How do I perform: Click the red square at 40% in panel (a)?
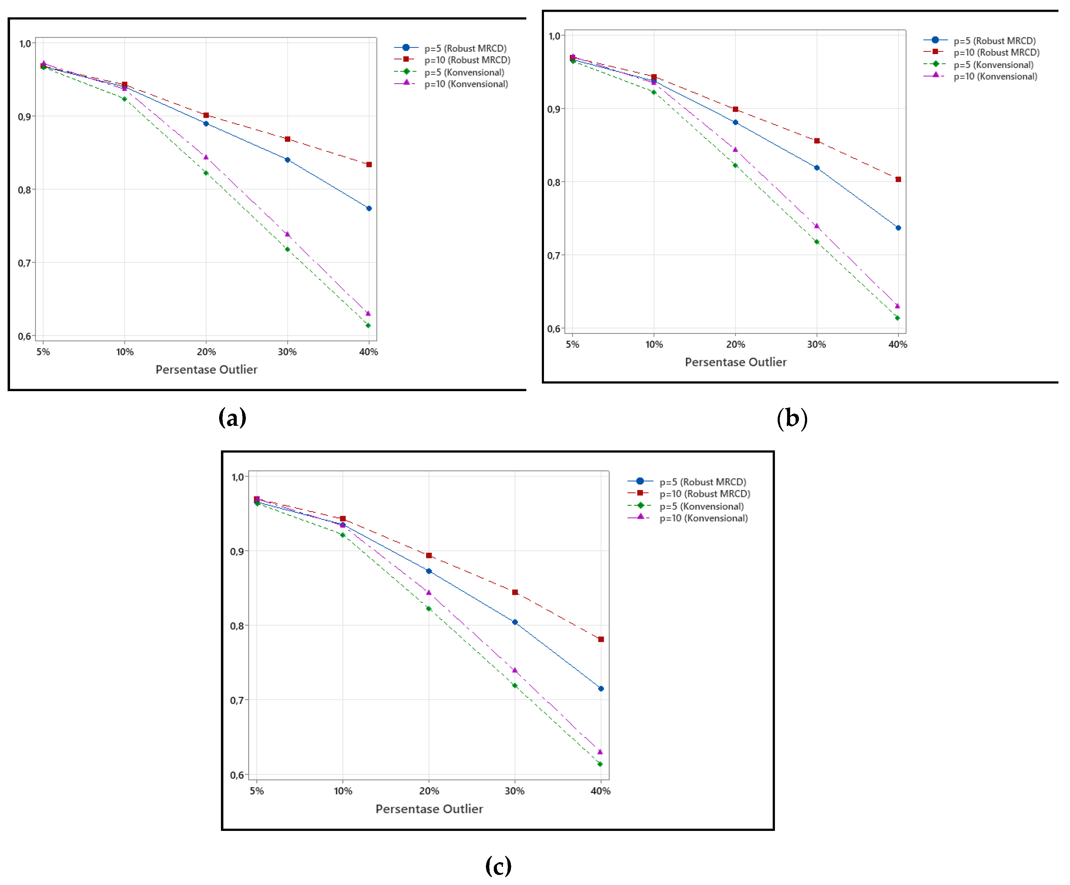coord(369,164)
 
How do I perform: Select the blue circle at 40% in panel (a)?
coord(369,208)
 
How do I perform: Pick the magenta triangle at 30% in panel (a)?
coord(287,234)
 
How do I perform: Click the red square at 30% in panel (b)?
coord(817,141)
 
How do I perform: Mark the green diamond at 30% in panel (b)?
coord(817,242)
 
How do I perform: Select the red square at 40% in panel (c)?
coord(601,639)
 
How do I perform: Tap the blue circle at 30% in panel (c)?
coord(514,622)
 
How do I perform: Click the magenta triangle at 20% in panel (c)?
coord(428,593)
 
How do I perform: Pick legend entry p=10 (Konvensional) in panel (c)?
coord(703,518)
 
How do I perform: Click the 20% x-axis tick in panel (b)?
coord(735,344)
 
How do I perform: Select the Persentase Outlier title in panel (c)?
coord(429,809)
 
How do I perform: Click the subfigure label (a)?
coord(232,418)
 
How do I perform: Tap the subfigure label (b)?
coord(792,419)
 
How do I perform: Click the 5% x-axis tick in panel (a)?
coord(43,352)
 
